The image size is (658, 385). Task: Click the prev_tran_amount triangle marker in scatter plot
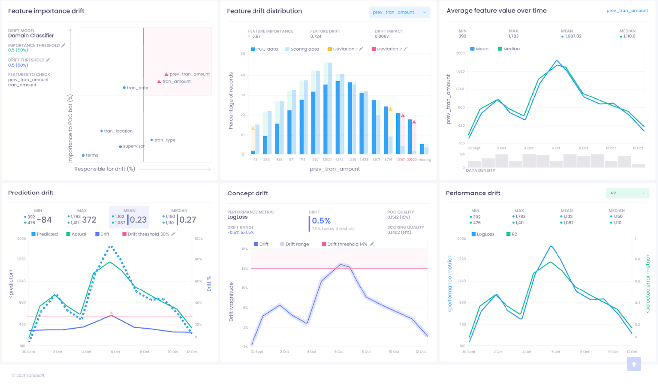click(x=166, y=74)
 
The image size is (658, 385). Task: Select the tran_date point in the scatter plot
click(x=124, y=88)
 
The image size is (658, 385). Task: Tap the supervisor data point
click(x=120, y=147)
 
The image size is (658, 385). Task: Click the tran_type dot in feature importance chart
click(x=152, y=140)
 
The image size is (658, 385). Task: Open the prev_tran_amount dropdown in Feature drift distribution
click(x=399, y=12)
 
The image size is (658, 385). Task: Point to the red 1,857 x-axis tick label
click(x=400, y=160)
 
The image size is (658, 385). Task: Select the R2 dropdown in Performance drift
click(x=627, y=193)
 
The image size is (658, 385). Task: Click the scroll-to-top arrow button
click(x=634, y=364)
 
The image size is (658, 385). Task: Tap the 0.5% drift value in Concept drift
click(x=321, y=221)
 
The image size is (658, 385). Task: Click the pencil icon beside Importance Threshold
click(x=63, y=45)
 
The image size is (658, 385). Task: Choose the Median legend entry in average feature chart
click(x=509, y=49)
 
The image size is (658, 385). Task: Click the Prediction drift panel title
click(x=31, y=193)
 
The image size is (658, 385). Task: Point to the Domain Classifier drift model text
click(x=31, y=36)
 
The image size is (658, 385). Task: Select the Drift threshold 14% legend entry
click(x=347, y=244)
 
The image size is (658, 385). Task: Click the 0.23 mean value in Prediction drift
click(x=138, y=220)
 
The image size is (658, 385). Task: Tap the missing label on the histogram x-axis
click(x=424, y=160)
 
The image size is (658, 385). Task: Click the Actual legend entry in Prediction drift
click(x=78, y=234)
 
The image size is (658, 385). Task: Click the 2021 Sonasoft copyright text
click(x=28, y=375)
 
